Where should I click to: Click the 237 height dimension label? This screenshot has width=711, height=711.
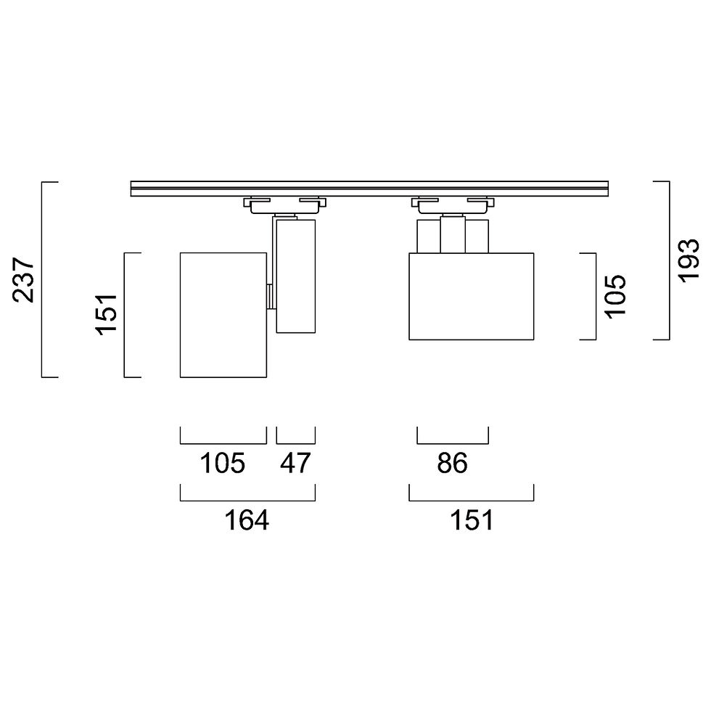click(23, 280)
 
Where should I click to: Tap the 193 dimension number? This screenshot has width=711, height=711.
click(689, 260)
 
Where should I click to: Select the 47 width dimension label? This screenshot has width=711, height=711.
click(295, 463)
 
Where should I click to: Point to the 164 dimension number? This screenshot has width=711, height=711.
click(247, 520)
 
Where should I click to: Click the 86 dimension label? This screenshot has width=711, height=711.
click(452, 463)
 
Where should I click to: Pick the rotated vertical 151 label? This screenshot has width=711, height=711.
click(106, 315)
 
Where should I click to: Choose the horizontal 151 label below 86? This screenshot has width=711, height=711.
click(471, 520)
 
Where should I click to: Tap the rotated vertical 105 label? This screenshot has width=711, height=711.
click(615, 297)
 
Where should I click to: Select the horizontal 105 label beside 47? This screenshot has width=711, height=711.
click(223, 463)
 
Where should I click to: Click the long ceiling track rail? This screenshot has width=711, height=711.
click(369, 189)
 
